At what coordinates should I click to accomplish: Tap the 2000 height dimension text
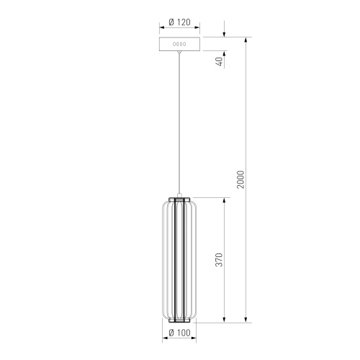coord(241,179)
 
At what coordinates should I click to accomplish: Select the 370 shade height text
coord(220,259)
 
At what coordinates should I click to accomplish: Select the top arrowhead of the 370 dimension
coord(226,199)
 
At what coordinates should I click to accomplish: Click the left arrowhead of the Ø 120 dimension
coord(161,30)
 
